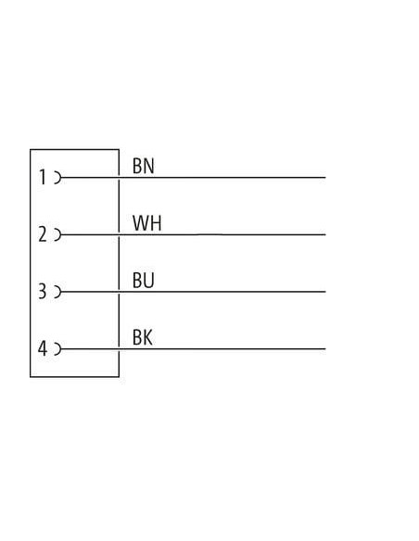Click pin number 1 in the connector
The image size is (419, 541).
pyautogui.click(x=43, y=177)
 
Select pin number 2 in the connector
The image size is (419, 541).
pyautogui.click(x=42, y=234)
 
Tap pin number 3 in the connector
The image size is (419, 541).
pyautogui.click(x=42, y=291)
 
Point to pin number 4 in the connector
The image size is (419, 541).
pyautogui.click(x=42, y=348)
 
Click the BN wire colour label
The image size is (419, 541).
pyautogui.click(x=144, y=166)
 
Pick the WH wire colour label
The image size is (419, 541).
pyautogui.click(x=147, y=223)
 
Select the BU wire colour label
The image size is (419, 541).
pyautogui.click(x=144, y=280)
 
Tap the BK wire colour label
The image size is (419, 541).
pyautogui.click(x=142, y=337)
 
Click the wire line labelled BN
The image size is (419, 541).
pyautogui.click(x=194, y=178)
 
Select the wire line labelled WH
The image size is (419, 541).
pyautogui.click(x=194, y=234)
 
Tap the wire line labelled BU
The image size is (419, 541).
pyautogui.click(x=194, y=292)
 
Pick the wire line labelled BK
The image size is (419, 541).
pyautogui.click(x=194, y=349)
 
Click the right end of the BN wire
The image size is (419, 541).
pyautogui.click(x=325, y=178)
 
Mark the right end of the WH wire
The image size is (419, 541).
pyautogui.click(x=325, y=234)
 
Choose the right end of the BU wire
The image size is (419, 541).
pyautogui.click(x=325, y=292)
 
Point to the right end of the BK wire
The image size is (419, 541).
pyautogui.click(x=325, y=349)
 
